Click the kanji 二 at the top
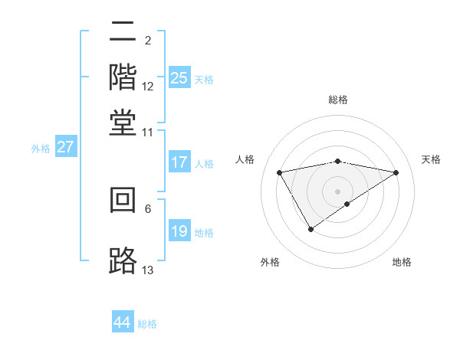(x=123, y=32)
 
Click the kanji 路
(x=123, y=260)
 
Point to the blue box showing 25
(x=179, y=78)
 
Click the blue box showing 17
(x=179, y=162)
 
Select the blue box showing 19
(x=179, y=232)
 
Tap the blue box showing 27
(x=65, y=147)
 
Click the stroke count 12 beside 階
(x=148, y=87)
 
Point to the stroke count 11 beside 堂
(x=148, y=132)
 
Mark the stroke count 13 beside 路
(x=148, y=270)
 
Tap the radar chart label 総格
(x=338, y=100)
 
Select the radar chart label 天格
(x=432, y=159)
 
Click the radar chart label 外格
(x=270, y=262)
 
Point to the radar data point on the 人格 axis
(x=280, y=172)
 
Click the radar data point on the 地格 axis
(x=347, y=204)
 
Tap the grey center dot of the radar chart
(x=338, y=191)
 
